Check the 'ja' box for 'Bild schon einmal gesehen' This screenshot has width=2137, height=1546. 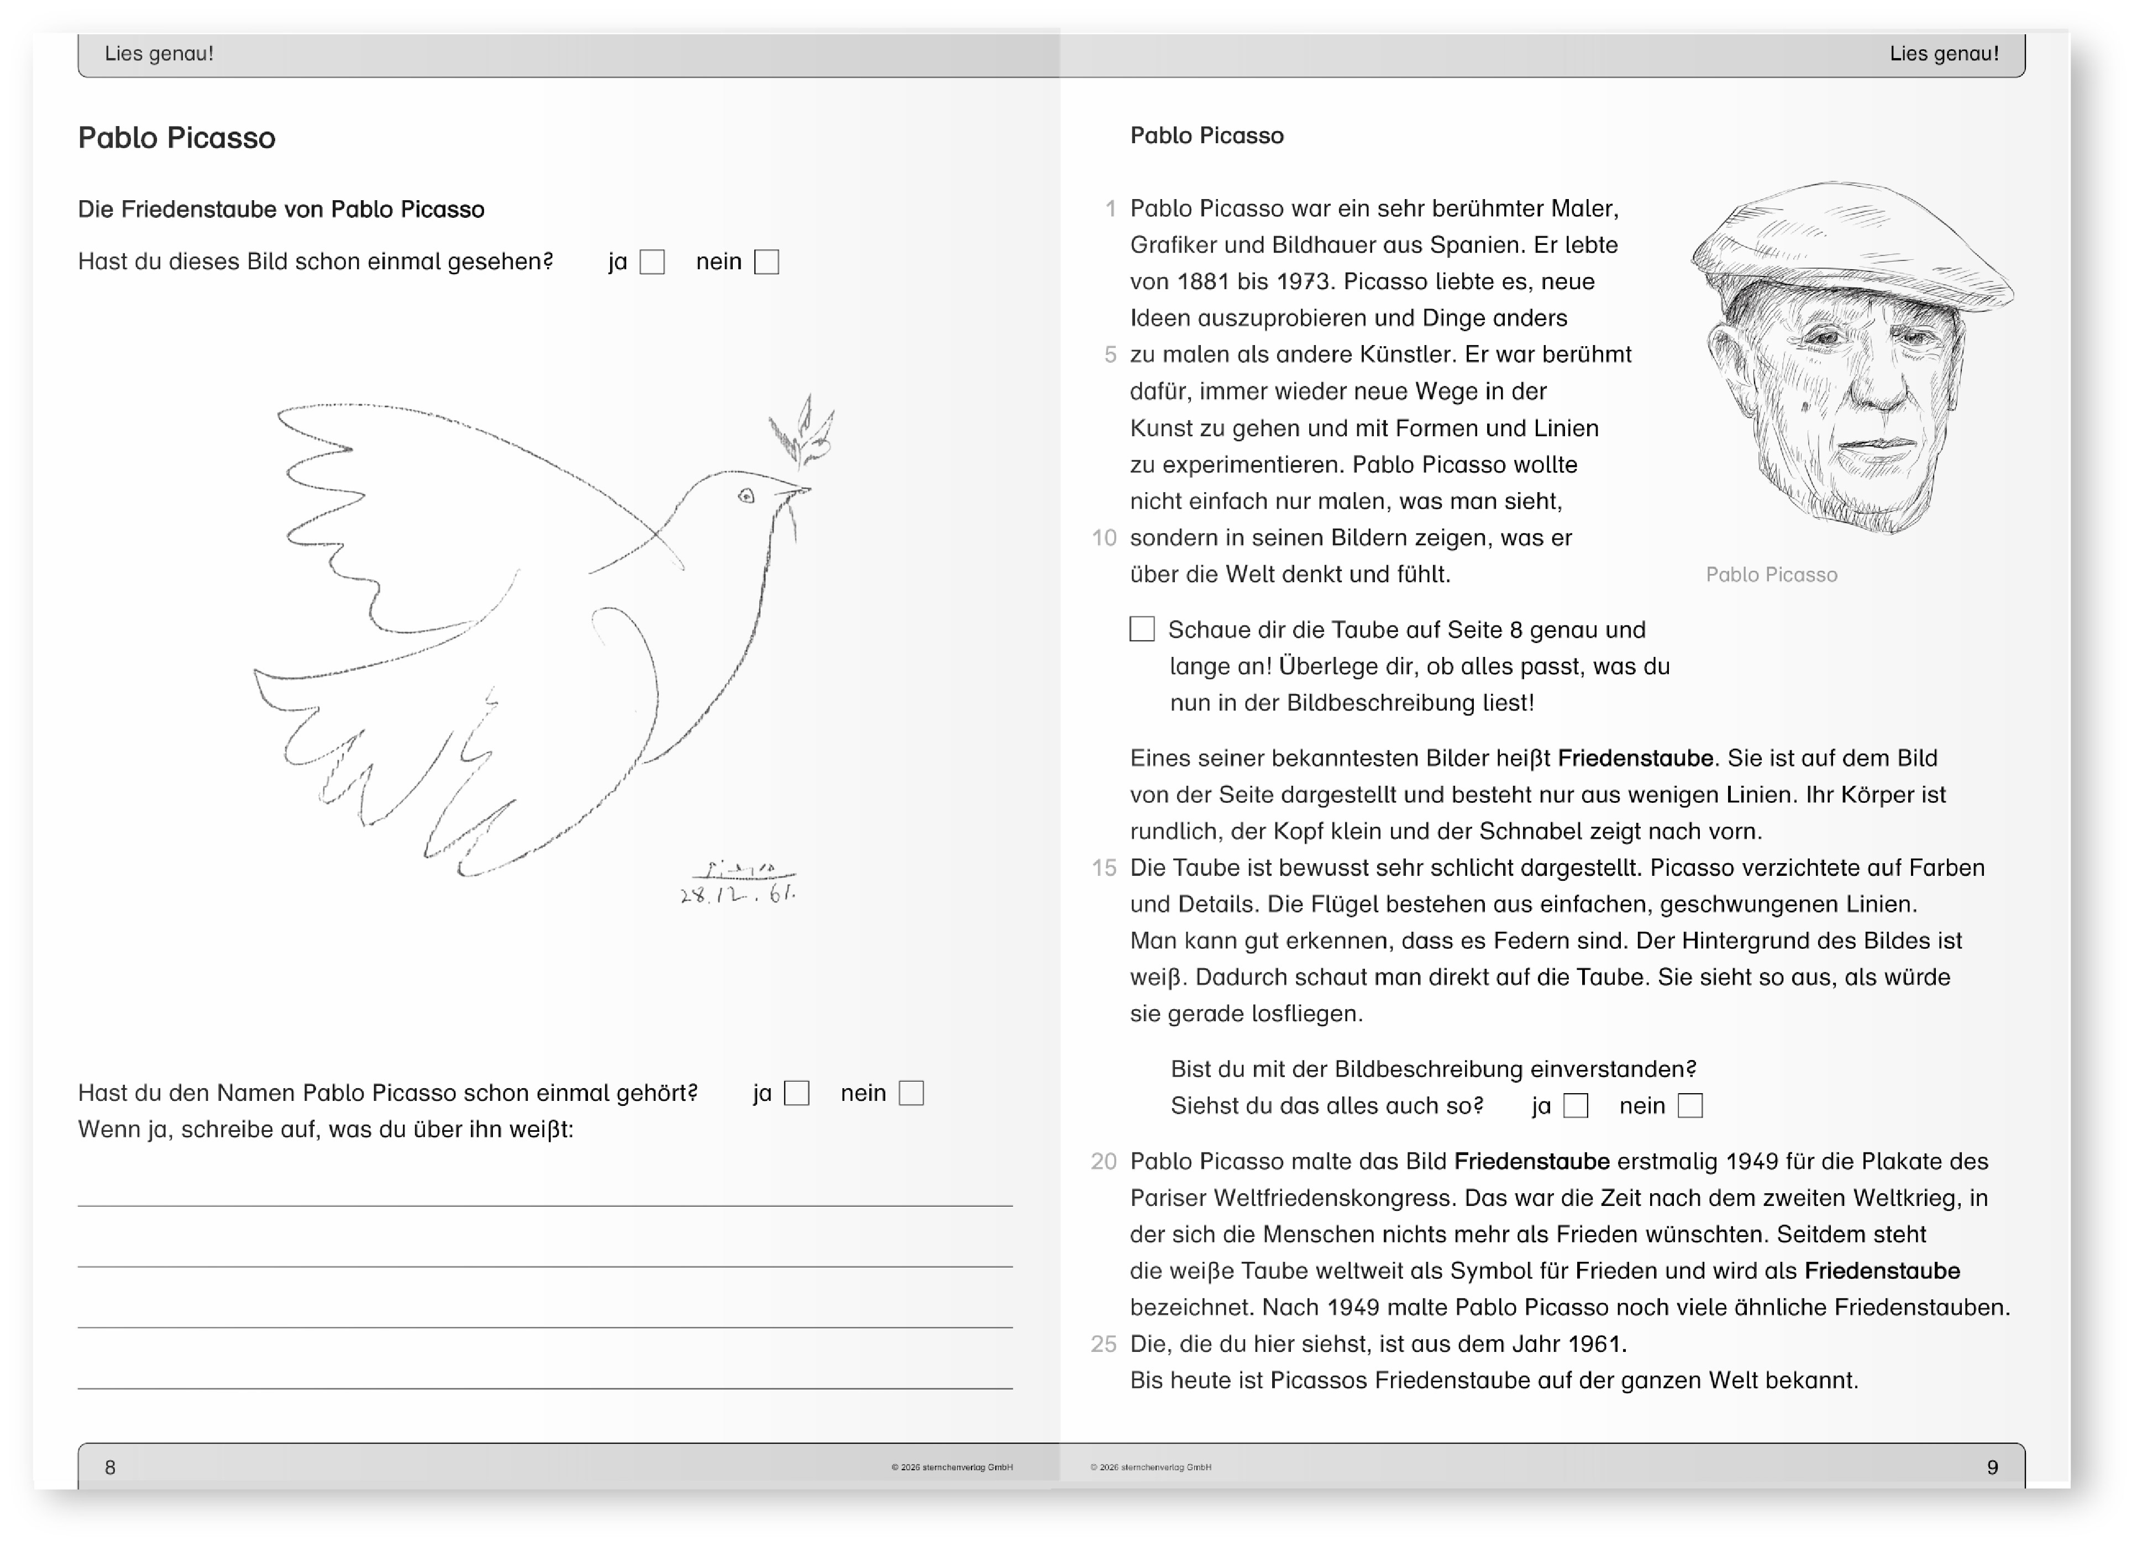pyautogui.click(x=652, y=262)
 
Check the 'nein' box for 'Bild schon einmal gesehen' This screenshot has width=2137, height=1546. pyautogui.click(x=767, y=262)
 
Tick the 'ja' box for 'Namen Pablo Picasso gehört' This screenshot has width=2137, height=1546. pyautogui.click(x=797, y=1094)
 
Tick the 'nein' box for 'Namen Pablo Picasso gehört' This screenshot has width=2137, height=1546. pyautogui.click(x=911, y=1094)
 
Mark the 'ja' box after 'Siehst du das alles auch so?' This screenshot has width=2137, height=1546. pyautogui.click(x=1576, y=1106)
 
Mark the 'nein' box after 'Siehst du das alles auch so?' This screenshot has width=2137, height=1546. pyautogui.click(x=1690, y=1106)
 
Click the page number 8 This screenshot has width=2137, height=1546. pyautogui.click(x=110, y=1467)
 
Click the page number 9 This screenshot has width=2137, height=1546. pyautogui.click(x=1992, y=1467)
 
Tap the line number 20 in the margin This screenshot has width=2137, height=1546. pyautogui.click(x=1104, y=1161)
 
